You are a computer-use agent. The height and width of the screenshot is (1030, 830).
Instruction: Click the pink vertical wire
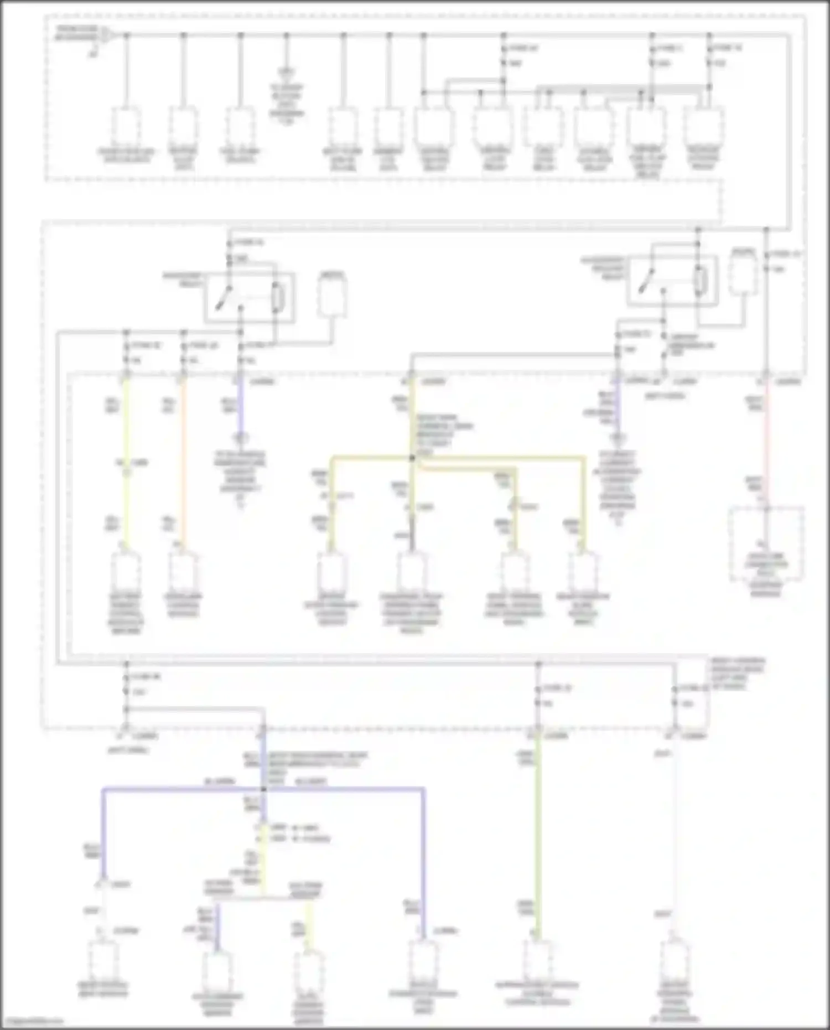point(766,443)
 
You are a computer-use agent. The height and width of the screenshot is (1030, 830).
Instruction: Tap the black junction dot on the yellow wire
point(412,458)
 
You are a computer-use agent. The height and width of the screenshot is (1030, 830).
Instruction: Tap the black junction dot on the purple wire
point(263,789)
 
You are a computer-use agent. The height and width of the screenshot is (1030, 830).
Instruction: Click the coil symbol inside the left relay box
point(277,298)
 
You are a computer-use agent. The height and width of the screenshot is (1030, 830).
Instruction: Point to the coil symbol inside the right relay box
point(700,281)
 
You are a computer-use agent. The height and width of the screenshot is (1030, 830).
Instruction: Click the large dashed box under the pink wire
point(766,545)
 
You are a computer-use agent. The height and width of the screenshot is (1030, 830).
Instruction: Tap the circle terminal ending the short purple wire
point(240,438)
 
